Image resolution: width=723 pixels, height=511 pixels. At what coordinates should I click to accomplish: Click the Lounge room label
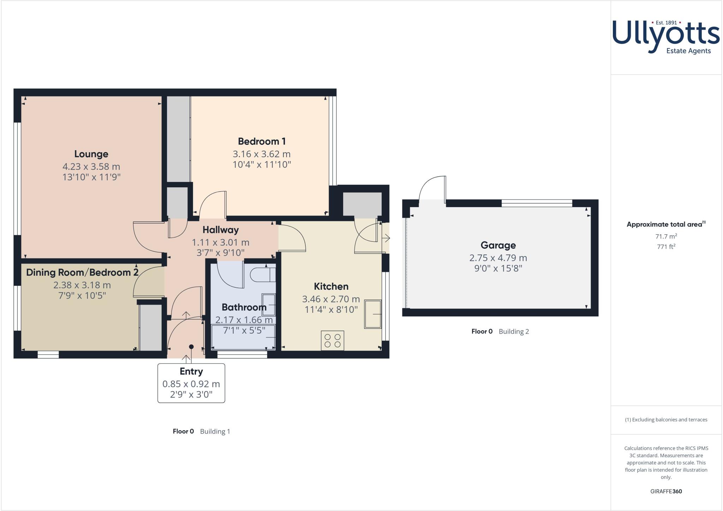(91, 154)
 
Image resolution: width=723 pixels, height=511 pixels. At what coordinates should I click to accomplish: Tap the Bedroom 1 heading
(262, 141)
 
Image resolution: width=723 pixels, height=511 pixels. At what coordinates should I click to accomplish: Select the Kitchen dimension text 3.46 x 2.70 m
(331, 299)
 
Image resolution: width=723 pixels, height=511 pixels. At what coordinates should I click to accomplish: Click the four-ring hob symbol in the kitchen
(332, 340)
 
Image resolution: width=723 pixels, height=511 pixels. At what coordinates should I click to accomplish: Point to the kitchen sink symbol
(373, 314)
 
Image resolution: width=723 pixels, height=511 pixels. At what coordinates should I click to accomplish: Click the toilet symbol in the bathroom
(262, 275)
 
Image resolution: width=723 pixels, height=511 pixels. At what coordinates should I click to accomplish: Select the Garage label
(498, 245)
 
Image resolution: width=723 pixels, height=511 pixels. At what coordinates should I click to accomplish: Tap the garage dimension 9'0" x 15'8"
(498, 268)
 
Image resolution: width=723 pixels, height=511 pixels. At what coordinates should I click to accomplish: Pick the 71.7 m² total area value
(666, 236)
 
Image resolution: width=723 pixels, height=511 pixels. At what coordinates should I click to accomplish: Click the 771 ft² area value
(666, 247)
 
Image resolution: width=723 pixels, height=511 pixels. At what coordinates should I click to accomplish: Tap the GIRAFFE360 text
(666, 491)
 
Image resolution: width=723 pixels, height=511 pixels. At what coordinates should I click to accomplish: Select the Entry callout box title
(191, 371)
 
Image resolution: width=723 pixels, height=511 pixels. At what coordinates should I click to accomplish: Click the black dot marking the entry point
(191, 347)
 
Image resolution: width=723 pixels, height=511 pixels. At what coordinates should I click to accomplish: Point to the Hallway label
(220, 230)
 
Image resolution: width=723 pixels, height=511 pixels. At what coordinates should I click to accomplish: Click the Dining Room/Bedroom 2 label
(82, 272)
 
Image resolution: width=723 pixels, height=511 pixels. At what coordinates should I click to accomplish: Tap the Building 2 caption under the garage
(513, 331)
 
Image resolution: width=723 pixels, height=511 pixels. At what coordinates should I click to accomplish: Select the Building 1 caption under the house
(215, 431)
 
